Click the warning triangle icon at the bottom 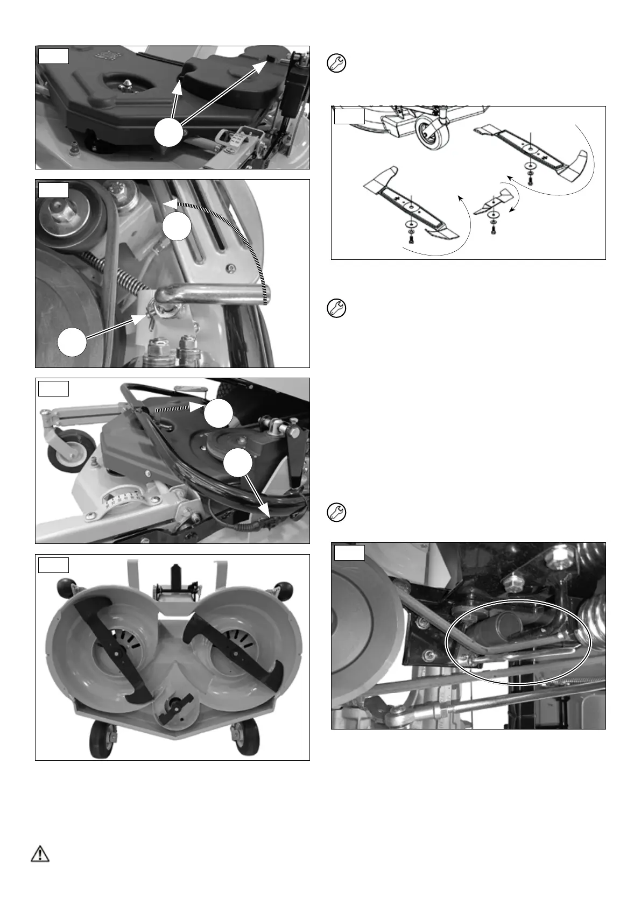[40, 854]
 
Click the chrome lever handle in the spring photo [215, 293]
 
